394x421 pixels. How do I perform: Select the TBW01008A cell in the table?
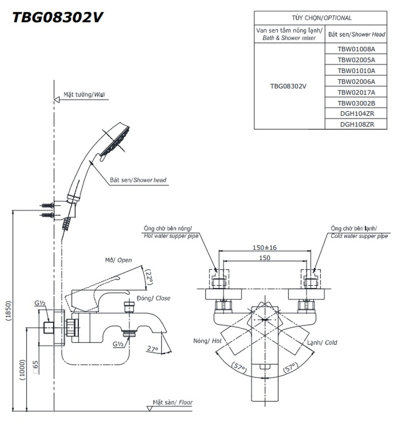pos(356,49)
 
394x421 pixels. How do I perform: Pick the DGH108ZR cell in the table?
pos(356,124)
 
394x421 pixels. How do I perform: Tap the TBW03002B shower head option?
pos(356,103)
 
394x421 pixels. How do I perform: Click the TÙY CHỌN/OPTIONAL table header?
pos(321,18)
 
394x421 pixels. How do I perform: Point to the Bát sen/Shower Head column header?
pos(356,35)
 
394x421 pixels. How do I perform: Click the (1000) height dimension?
pos(22,370)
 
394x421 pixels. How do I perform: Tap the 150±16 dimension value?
pos(264,248)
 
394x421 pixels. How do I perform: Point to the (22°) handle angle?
pos(149,279)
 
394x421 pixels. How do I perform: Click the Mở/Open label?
pos(118,260)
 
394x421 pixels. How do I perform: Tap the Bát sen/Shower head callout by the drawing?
pos(138,180)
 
